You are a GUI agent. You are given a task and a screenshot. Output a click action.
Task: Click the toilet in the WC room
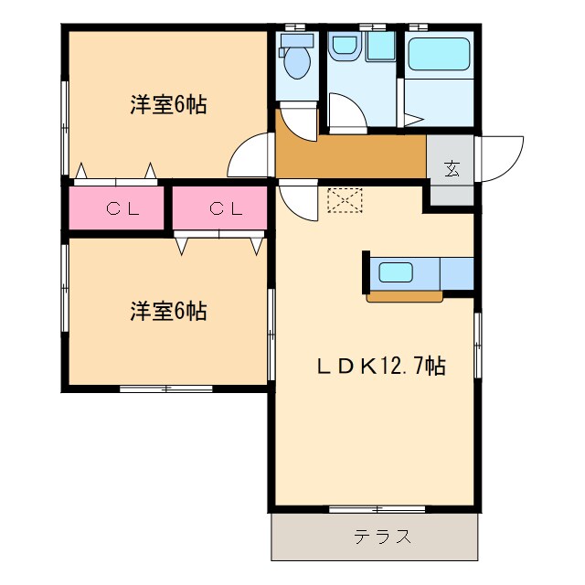pos(295,59)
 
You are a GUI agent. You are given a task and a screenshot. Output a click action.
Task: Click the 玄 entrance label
pos(452,168)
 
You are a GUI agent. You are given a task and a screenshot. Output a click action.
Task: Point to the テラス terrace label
pos(376,537)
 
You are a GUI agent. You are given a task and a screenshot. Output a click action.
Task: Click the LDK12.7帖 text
pos(381,367)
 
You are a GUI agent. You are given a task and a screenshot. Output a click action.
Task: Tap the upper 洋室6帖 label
pos(167,104)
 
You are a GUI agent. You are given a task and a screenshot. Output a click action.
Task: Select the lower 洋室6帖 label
pos(167,312)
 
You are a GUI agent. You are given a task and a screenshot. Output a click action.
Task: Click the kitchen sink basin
pos(398,271)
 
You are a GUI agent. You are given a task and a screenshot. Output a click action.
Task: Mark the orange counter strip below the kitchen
pos(404,295)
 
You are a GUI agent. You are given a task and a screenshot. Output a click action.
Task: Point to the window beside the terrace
pos(375,507)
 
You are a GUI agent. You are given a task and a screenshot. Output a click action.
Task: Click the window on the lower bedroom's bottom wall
pos(166,388)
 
